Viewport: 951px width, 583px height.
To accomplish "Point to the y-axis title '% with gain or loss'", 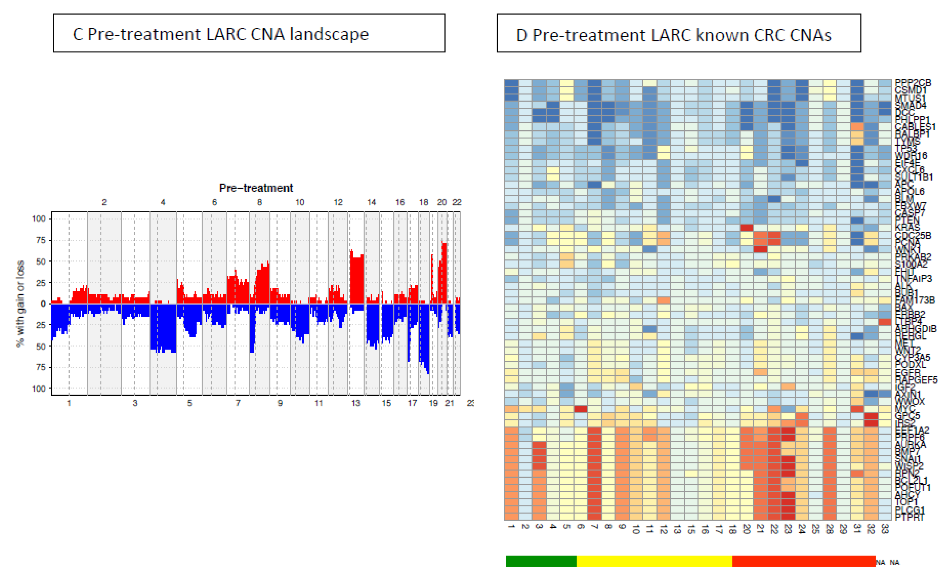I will (20, 303).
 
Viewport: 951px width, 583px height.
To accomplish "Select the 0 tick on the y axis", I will (43, 304).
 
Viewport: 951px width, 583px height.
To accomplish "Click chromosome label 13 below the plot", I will (356, 403).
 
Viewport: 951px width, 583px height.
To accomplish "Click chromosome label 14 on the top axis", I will (371, 202).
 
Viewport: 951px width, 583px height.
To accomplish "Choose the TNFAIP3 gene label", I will (914, 278).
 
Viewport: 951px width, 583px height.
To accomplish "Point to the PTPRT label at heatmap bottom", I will (910, 517).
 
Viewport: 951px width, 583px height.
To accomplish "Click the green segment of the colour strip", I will (541, 561).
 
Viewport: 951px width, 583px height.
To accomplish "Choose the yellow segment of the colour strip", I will (654, 561).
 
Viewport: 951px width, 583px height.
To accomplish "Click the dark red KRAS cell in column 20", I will (747, 227).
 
